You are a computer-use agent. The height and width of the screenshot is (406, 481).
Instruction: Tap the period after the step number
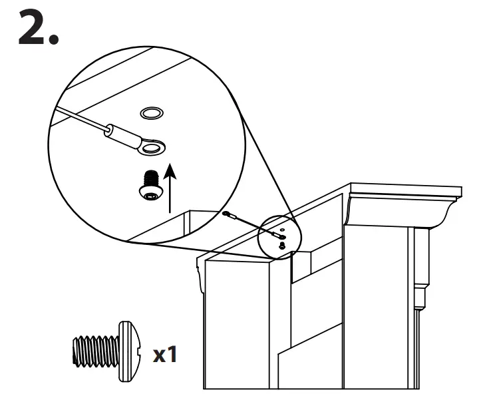click(x=52, y=38)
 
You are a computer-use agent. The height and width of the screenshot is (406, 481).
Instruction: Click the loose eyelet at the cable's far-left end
click(x=228, y=214)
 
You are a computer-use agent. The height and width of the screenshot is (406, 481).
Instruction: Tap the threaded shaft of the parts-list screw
click(x=93, y=350)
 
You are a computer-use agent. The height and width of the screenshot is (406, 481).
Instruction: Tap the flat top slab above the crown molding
click(x=406, y=190)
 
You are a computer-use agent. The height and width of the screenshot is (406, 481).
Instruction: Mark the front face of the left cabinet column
click(x=236, y=326)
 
